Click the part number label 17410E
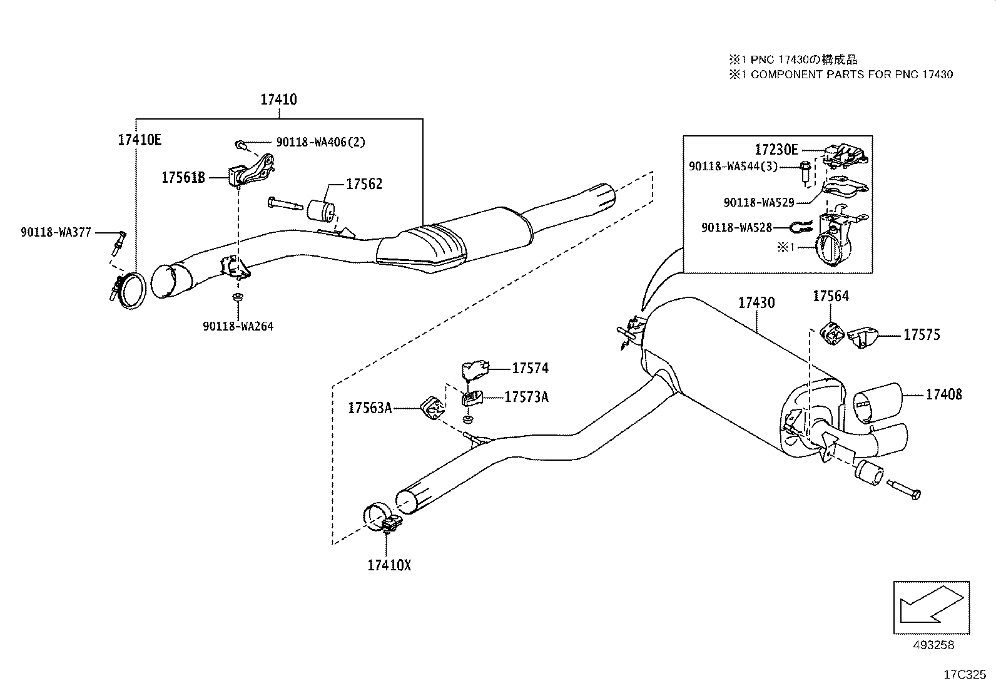click(140, 140)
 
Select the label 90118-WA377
click(56, 232)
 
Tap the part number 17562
click(364, 184)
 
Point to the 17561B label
click(183, 178)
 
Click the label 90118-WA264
click(238, 326)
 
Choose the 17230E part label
click(776, 150)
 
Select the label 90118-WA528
click(737, 228)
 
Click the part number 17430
click(756, 303)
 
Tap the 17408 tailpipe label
click(944, 395)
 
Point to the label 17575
click(922, 335)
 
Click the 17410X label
click(390, 566)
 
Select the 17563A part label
click(370, 408)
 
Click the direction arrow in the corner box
click(932, 604)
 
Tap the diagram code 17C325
click(965, 675)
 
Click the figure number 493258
click(933, 645)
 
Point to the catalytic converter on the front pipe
click(422, 249)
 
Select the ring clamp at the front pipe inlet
click(128, 290)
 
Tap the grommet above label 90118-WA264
click(238, 297)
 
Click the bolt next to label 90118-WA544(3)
click(805, 173)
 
